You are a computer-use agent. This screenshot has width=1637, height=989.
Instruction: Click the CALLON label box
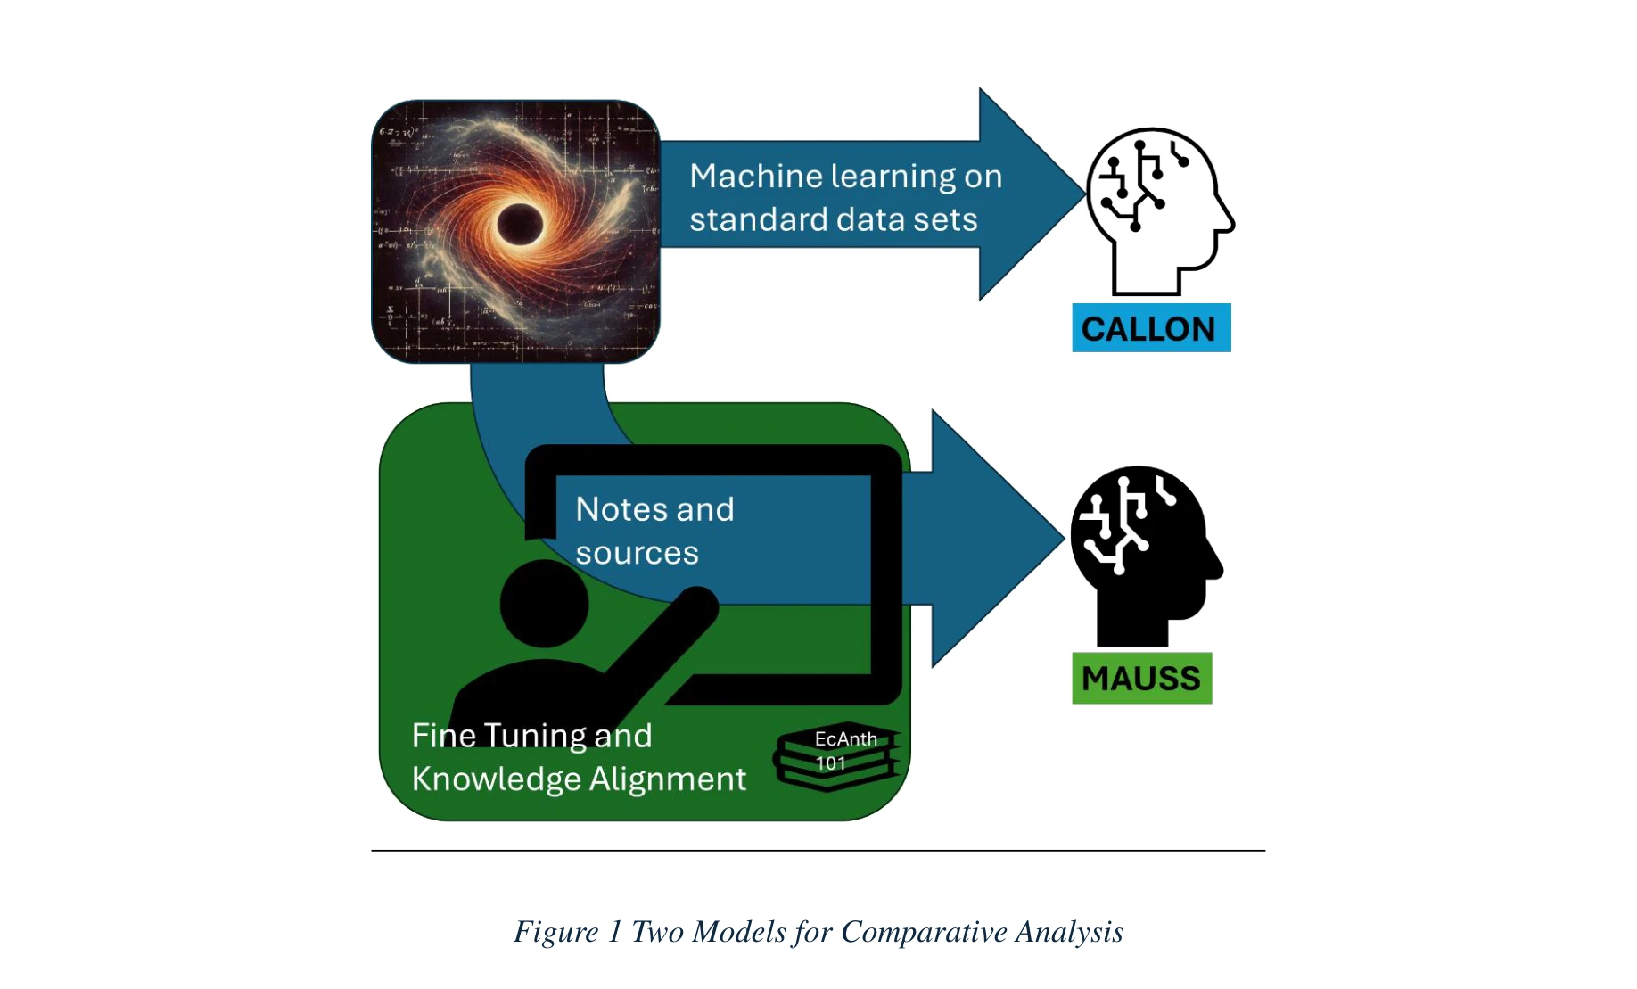1150,328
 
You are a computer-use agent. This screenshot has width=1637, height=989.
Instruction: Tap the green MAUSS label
1141,679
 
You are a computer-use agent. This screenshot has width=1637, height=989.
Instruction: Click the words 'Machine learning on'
845,177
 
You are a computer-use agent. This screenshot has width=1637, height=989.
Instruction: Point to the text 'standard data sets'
833,219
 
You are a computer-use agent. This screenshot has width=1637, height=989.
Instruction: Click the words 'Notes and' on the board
654,509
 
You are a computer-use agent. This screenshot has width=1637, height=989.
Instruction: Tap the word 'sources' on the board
637,553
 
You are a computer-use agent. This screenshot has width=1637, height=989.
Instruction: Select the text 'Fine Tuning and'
531,736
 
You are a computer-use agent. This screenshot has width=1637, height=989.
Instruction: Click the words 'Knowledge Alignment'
579,779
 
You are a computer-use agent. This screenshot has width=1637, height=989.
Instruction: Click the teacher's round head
544,604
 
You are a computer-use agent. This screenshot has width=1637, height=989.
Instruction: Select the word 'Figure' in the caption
555,932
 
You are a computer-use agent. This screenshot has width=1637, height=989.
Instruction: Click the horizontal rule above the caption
818,851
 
